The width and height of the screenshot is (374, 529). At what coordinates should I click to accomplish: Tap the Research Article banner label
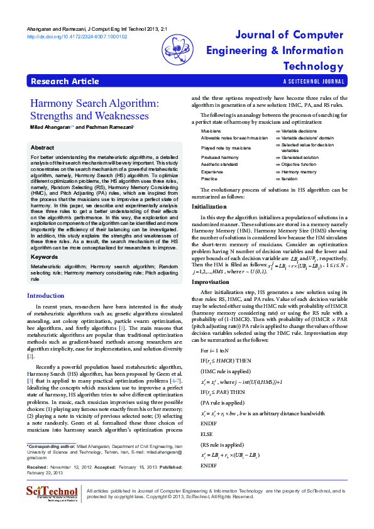(65, 81)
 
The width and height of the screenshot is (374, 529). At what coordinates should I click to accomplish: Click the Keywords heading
(45, 257)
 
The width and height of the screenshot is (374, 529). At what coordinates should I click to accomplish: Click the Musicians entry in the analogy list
(212, 130)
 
